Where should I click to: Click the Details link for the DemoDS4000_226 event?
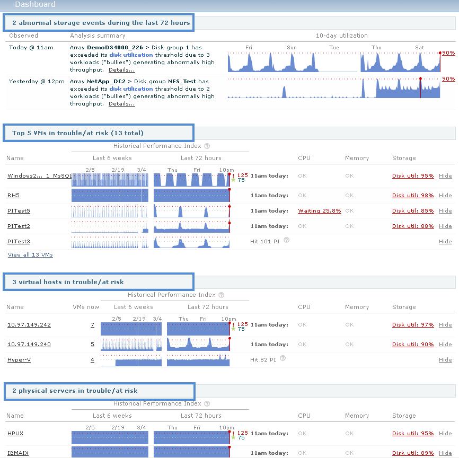(x=121, y=70)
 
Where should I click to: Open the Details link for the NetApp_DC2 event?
(x=121, y=104)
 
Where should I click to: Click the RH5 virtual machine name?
(x=13, y=196)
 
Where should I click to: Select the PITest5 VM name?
(x=19, y=211)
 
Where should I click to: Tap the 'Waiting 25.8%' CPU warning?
(x=319, y=211)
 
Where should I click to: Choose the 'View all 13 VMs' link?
(x=30, y=255)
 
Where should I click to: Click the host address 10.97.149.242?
(x=29, y=325)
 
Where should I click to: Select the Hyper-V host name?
(x=19, y=360)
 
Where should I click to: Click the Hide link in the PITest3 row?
(x=445, y=242)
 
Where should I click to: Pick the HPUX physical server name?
(x=15, y=434)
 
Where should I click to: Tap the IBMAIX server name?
(x=18, y=453)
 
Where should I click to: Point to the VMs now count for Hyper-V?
(x=92, y=360)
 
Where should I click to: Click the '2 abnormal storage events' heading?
(x=101, y=23)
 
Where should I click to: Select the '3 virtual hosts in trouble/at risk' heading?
(x=68, y=282)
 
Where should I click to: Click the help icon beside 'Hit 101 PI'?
(x=286, y=240)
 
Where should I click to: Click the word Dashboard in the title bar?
(x=35, y=5)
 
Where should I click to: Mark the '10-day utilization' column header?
(x=341, y=36)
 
